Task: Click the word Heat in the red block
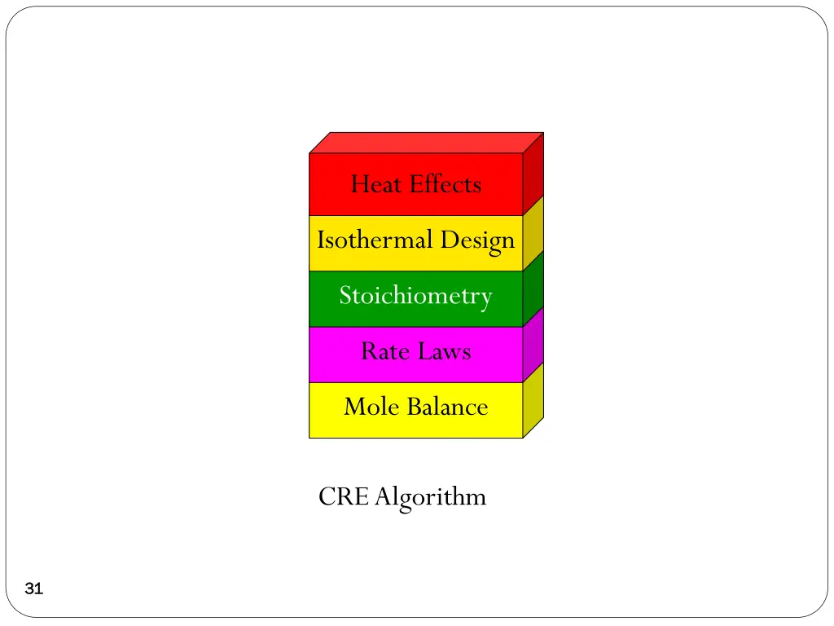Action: click(377, 184)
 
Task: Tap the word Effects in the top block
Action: click(446, 184)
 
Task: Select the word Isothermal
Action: click(375, 240)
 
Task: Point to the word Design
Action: click(478, 241)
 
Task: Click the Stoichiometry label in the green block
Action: click(415, 295)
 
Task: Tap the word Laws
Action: click(445, 351)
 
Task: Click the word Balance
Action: click(449, 406)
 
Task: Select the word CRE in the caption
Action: click(344, 496)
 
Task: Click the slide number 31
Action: click(33, 589)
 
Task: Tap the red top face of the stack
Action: click(426, 143)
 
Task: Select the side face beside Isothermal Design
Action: click(533, 235)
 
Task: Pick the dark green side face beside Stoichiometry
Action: click(533, 290)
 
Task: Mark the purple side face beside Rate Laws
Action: click(533, 346)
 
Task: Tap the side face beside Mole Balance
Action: click(533, 401)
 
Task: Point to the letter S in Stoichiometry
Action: click(345, 295)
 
